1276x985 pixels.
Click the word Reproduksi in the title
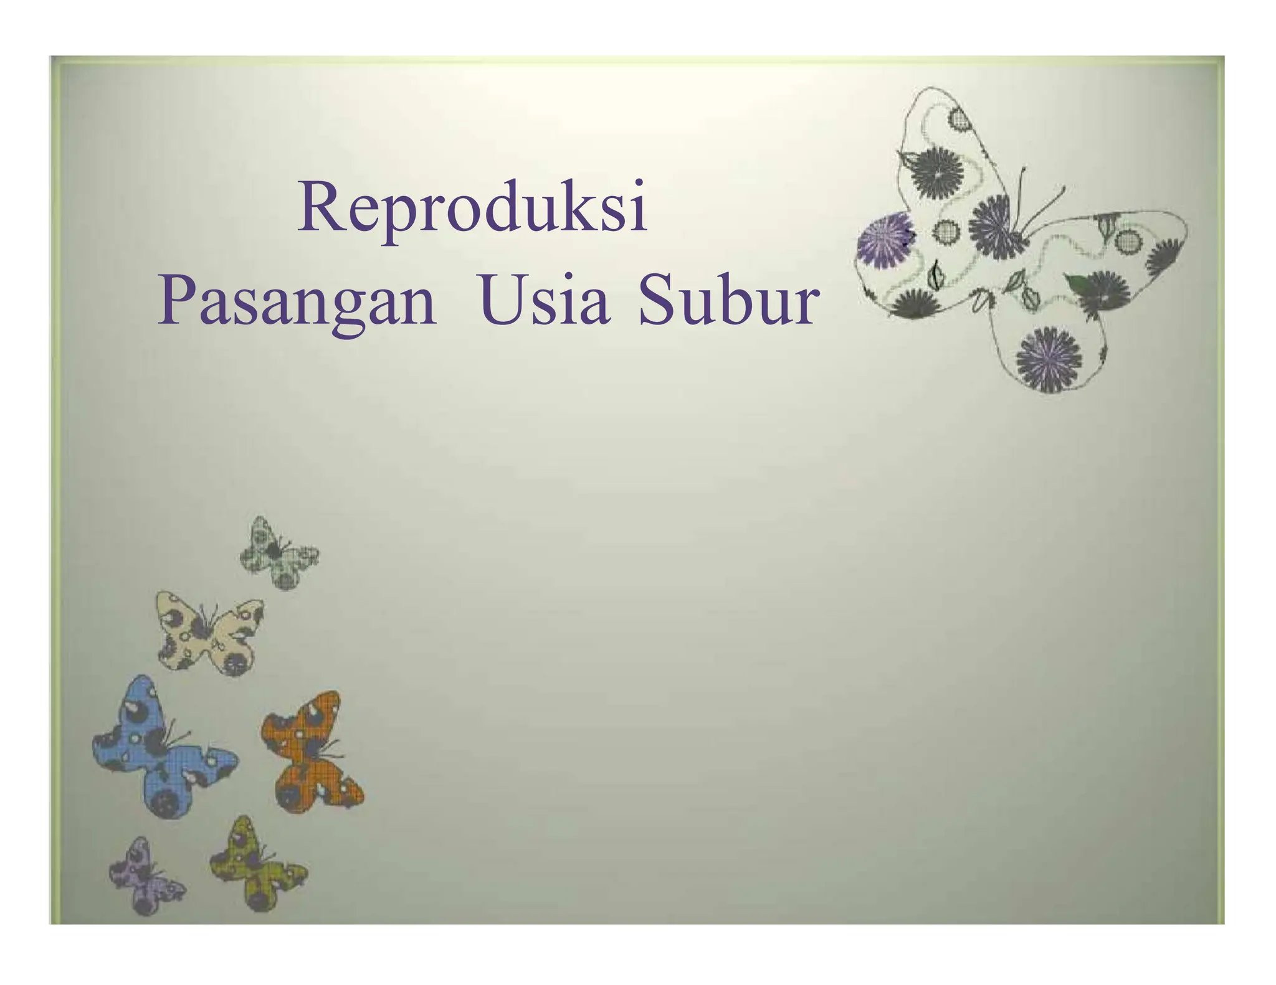pyautogui.click(x=472, y=207)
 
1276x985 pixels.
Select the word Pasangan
pyautogui.click(x=297, y=303)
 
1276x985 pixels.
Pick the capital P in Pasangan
pyautogui.click(x=176, y=301)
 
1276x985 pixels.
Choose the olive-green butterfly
pyautogui.click(x=255, y=865)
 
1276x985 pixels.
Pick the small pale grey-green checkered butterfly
pyautogui.click(x=278, y=554)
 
